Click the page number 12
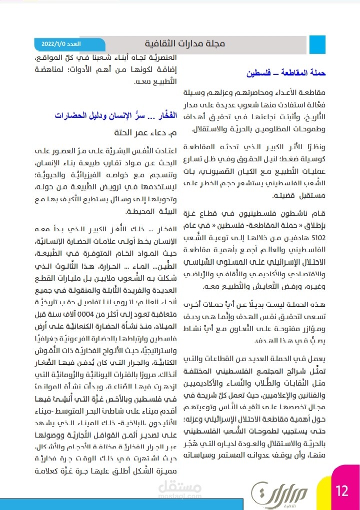(342, 490)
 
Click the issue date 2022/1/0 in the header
(49, 44)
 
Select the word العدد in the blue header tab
(74, 44)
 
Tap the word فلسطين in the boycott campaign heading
(258, 73)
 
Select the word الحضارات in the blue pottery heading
(72, 115)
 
